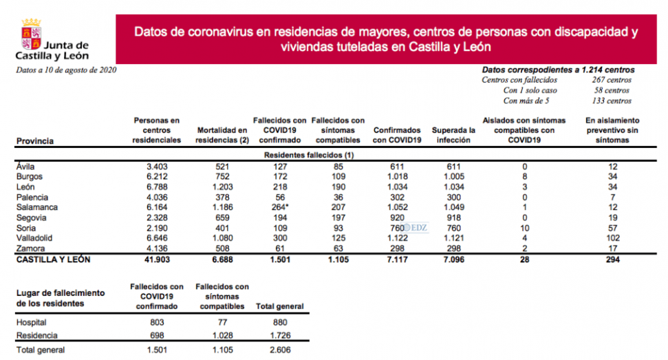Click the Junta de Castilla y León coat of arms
click(30, 32)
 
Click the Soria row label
click(25, 228)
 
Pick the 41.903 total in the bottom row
click(156, 260)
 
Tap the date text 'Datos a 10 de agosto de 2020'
click(66, 70)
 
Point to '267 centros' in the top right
click(612, 80)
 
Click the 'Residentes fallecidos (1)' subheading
click(309, 156)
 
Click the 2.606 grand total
click(279, 350)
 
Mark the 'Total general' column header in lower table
click(279, 306)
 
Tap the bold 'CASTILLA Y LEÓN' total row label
click(52, 260)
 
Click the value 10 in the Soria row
click(525, 228)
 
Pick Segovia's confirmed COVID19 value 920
click(397, 218)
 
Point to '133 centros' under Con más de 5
click(612, 100)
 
